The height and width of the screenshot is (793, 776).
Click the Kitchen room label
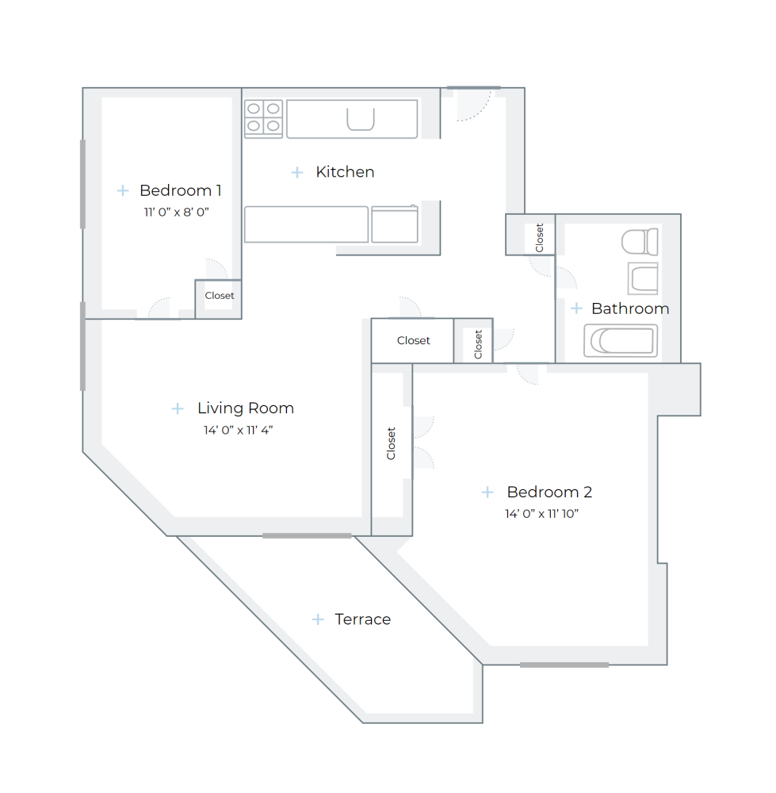point(345,172)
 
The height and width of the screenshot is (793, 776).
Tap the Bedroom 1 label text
point(180,190)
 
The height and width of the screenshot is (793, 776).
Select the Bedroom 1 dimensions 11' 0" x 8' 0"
point(176,212)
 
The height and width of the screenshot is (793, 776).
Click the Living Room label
point(246,408)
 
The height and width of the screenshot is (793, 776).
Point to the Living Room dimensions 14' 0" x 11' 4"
point(238,430)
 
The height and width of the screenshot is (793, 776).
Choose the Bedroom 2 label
point(549,492)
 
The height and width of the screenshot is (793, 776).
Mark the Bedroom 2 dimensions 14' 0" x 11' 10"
point(542,513)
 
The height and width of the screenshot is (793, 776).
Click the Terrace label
point(362,619)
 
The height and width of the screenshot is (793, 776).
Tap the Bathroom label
point(630,308)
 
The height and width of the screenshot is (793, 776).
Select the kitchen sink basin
point(361,119)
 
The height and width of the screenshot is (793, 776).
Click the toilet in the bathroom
point(640,241)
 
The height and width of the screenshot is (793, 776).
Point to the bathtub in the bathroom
point(621,341)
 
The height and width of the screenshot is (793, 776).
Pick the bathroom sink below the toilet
point(643,278)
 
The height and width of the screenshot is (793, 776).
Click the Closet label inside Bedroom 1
point(220,296)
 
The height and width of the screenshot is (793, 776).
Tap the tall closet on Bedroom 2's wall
point(391,444)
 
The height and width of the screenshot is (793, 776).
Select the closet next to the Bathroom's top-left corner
point(539,236)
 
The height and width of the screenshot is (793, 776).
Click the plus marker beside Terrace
point(318,619)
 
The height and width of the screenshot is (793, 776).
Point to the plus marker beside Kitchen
point(297,172)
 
